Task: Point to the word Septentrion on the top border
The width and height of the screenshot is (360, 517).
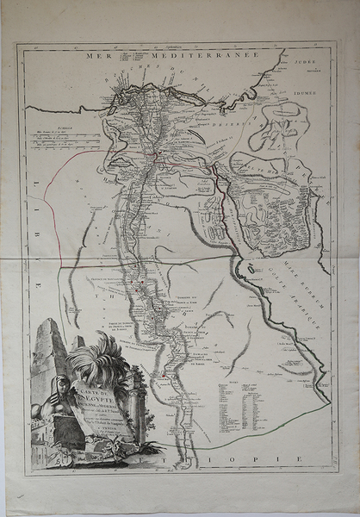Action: pos(179,45)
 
